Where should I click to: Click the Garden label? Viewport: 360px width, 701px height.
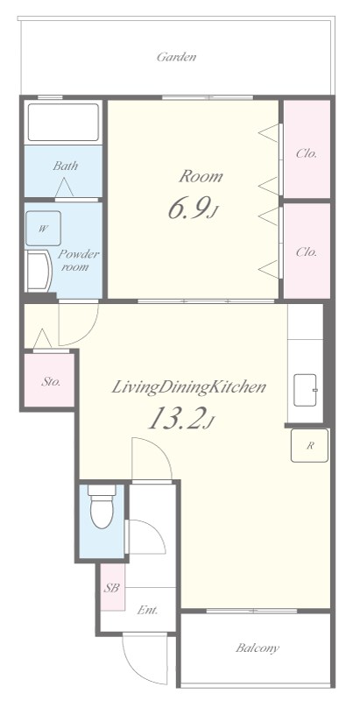click(x=176, y=57)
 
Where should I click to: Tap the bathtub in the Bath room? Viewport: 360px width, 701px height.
click(x=63, y=123)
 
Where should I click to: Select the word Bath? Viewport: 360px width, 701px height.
click(x=65, y=166)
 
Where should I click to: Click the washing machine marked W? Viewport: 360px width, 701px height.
click(x=43, y=229)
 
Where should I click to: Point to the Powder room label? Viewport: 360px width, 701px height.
click(x=79, y=260)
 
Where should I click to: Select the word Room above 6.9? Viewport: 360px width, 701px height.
click(x=201, y=176)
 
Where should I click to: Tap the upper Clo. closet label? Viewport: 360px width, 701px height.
click(x=307, y=154)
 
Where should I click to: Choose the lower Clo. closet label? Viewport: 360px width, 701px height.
click(x=307, y=252)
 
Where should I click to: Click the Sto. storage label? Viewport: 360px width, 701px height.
click(x=51, y=382)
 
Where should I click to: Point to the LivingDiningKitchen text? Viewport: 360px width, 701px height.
click(x=188, y=386)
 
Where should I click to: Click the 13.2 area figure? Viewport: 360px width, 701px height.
click(x=181, y=419)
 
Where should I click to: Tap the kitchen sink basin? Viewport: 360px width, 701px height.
click(x=306, y=390)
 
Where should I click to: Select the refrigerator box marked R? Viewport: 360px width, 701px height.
click(x=309, y=445)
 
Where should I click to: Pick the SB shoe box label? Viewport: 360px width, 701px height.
click(x=111, y=588)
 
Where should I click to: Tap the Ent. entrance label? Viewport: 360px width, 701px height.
click(x=147, y=610)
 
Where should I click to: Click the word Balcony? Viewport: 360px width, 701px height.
click(x=258, y=648)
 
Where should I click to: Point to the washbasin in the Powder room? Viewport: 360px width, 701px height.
click(x=39, y=272)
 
